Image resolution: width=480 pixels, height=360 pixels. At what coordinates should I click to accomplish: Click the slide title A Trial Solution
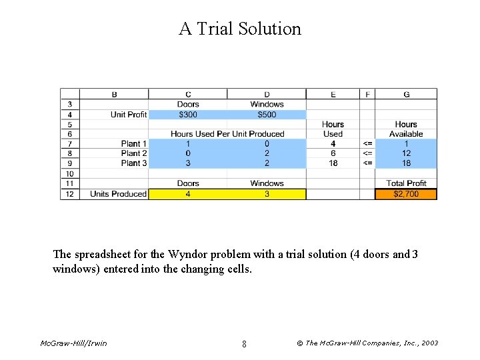tap(240, 29)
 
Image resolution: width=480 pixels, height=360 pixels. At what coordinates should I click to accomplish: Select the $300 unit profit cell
tap(188, 115)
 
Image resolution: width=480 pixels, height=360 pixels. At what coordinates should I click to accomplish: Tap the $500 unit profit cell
tap(267, 115)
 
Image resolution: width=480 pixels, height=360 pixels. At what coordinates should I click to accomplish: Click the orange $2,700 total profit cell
tap(406, 194)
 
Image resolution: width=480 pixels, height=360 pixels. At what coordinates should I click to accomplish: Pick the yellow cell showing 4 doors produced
tap(188, 194)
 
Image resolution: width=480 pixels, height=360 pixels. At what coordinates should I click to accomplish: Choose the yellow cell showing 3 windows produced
tap(267, 194)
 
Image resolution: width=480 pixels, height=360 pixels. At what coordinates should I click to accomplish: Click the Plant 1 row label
tap(134, 143)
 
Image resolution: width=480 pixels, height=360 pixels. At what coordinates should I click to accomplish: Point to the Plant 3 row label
tap(134, 163)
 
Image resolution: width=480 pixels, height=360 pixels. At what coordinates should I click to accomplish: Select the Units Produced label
tap(118, 194)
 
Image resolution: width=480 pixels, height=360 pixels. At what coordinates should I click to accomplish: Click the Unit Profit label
tap(129, 115)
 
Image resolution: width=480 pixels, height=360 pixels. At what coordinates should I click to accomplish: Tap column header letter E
tap(333, 94)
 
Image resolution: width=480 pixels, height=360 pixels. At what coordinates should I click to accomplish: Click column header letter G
tap(406, 94)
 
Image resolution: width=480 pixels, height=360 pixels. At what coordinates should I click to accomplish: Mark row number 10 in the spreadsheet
tap(69, 173)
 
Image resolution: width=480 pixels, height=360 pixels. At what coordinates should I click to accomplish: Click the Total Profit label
tap(406, 183)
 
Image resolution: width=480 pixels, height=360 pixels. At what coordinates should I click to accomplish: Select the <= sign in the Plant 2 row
tap(367, 153)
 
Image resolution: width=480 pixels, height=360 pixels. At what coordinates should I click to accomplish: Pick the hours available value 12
tap(406, 153)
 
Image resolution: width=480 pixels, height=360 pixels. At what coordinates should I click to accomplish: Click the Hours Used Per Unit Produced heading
tap(227, 134)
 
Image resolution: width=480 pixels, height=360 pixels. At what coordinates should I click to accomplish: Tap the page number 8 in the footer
tap(244, 344)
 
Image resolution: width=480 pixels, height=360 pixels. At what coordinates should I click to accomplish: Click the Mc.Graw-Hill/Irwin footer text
tap(73, 343)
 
